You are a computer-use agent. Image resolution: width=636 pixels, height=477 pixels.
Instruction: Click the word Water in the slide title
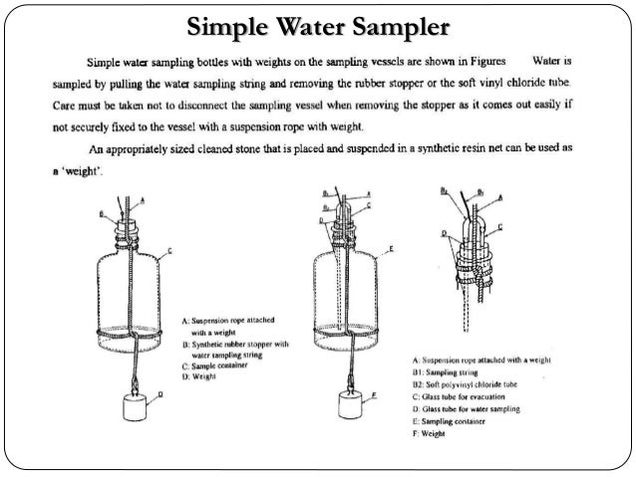click(x=297, y=25)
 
